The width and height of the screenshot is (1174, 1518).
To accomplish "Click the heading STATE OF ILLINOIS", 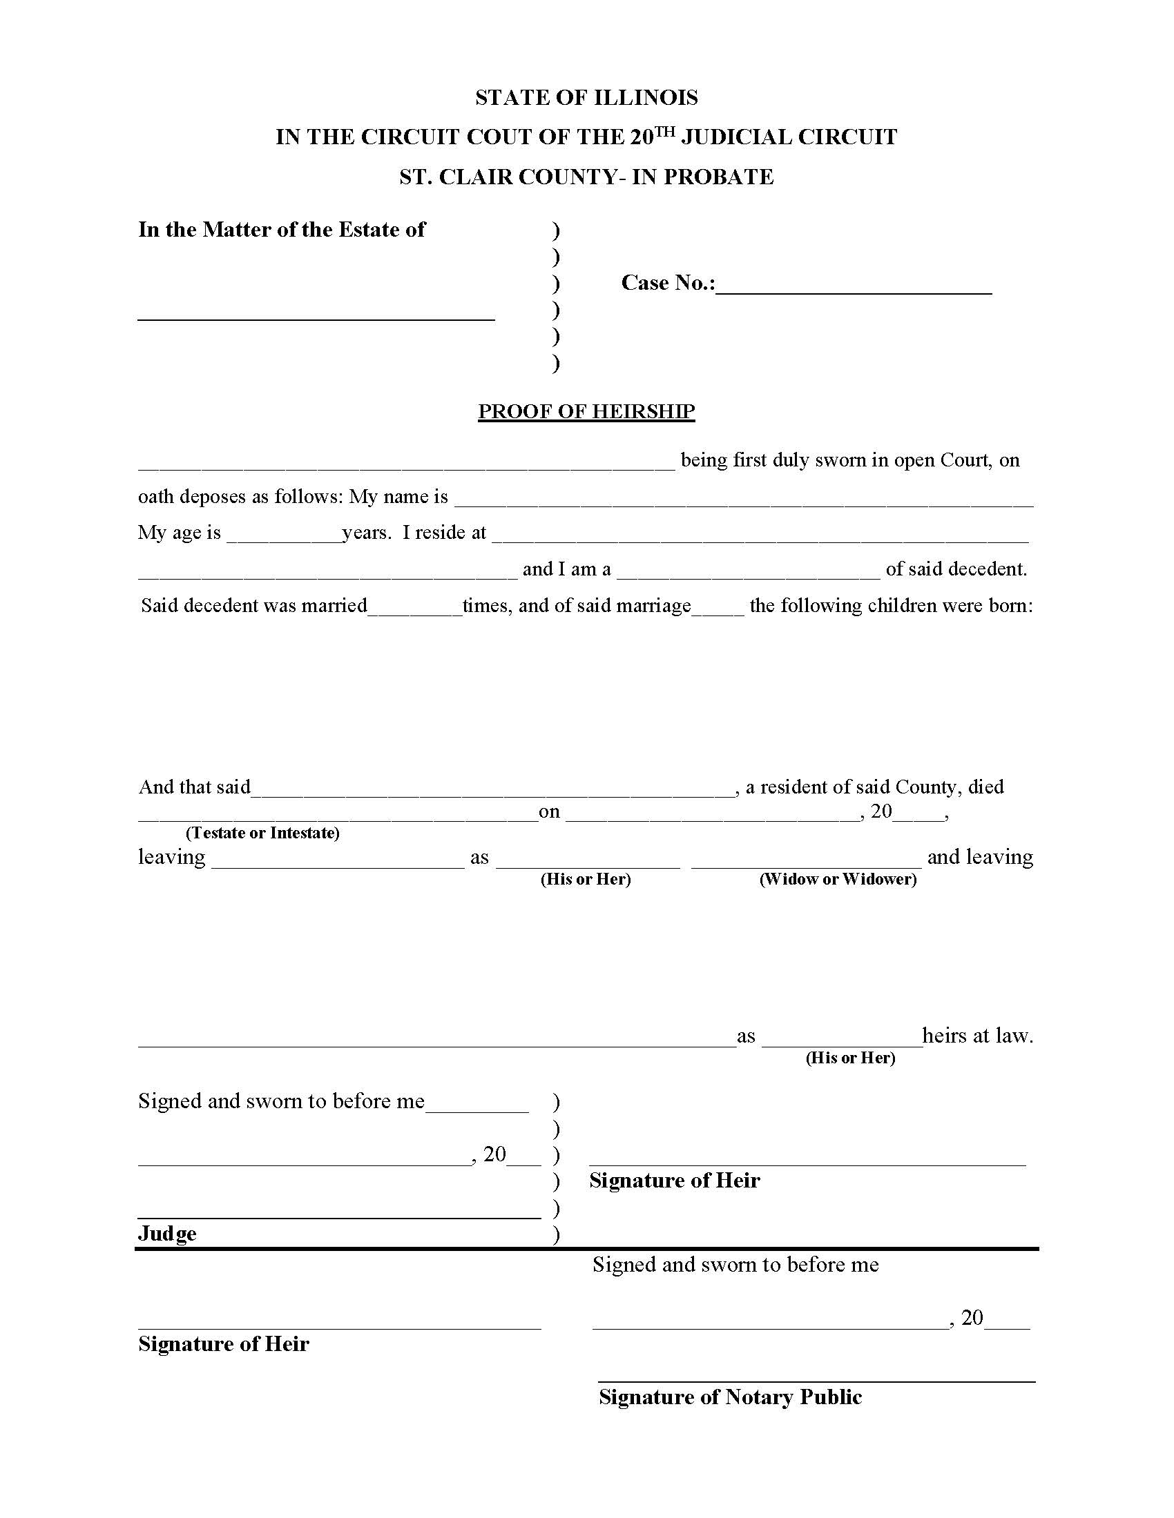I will pyautogui.click(x=586, y=97).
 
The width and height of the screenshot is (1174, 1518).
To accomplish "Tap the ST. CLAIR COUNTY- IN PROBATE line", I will pyautogui.click(x=586, y=177).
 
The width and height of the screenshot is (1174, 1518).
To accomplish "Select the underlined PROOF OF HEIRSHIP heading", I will pyautogui.click(x=586, y=411).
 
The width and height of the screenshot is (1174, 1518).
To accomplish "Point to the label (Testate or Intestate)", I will pyautogui.click(x=262, y=833).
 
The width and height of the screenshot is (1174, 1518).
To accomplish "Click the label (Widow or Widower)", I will pyautogui.click(x=838, y=879).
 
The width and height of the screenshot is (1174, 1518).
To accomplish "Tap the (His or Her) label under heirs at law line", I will pyautogui.click(x=850, y=1058).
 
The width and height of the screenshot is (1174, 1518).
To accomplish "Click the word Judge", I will pyautogui.click(x=167, y=1234).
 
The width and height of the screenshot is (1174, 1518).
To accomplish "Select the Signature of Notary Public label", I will pyautogui.click(x=729, y=1397).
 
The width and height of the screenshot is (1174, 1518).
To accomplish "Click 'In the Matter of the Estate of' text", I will pyautogui.click(x=281, y=230).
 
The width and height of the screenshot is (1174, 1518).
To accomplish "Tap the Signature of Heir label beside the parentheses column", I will pyautogui.click(x=674, y=1180).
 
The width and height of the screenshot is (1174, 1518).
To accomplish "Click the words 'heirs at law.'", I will pyautogui.click(x=977, y=1036).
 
